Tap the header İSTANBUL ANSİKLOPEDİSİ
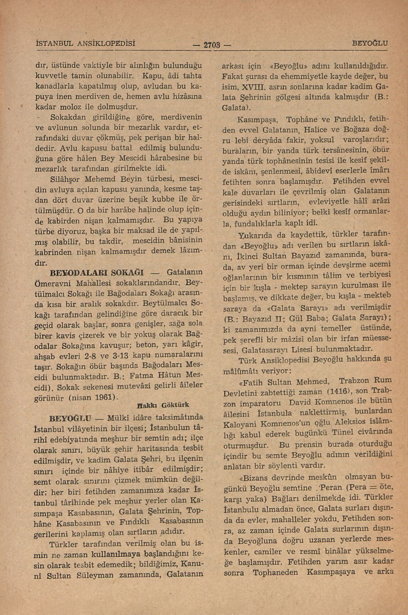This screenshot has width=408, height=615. point(85,43)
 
